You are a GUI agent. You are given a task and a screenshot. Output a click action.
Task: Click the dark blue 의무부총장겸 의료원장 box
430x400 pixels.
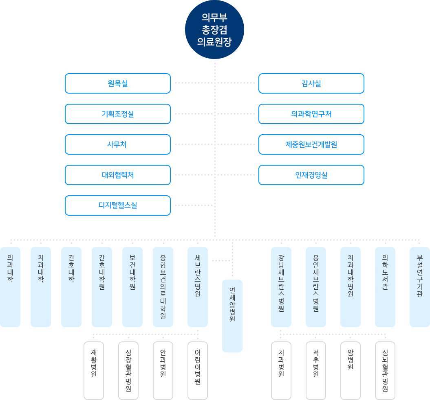coord(214,30)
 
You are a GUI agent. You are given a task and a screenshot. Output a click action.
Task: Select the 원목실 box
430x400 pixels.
coord(118,83)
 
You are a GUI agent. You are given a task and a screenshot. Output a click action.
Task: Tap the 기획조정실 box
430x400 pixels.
coord(118,114)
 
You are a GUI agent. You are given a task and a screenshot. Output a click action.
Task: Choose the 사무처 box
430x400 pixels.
coord(118,144)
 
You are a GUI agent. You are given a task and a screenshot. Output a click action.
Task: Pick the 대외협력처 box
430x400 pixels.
coord(118,175)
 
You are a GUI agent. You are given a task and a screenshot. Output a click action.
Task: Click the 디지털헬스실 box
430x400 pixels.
coord(118,205)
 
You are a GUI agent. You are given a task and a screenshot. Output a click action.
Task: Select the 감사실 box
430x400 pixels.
coord(311,83)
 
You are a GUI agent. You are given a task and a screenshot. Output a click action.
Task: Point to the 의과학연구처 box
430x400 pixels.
coord(311,114)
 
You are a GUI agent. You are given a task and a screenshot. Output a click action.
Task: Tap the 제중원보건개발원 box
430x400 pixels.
coord(311,144)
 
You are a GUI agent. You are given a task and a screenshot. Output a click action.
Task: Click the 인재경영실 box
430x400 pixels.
coord(311,175)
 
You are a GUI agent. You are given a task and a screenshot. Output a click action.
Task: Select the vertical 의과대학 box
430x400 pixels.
coord(10,287)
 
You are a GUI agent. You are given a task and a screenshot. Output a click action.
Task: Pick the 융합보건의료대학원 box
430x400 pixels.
coord(163,287)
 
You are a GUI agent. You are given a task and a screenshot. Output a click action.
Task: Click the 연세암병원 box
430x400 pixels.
coord(232,315)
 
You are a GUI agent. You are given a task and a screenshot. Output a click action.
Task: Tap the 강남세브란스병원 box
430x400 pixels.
coord(281,287)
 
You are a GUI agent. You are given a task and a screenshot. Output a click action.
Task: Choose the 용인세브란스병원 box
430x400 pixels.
coord(316,287)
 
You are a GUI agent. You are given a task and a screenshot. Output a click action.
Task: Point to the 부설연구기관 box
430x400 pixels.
coord(420,287)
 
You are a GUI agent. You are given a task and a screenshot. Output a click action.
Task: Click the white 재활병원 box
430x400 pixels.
coord(94,370)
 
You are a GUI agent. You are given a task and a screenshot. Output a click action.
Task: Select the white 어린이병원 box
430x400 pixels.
coord(198,370)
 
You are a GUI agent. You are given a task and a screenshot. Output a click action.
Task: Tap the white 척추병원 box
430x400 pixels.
coord(316,370)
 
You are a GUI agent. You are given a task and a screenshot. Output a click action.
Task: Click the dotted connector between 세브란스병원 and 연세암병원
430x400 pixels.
coord(221,261)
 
